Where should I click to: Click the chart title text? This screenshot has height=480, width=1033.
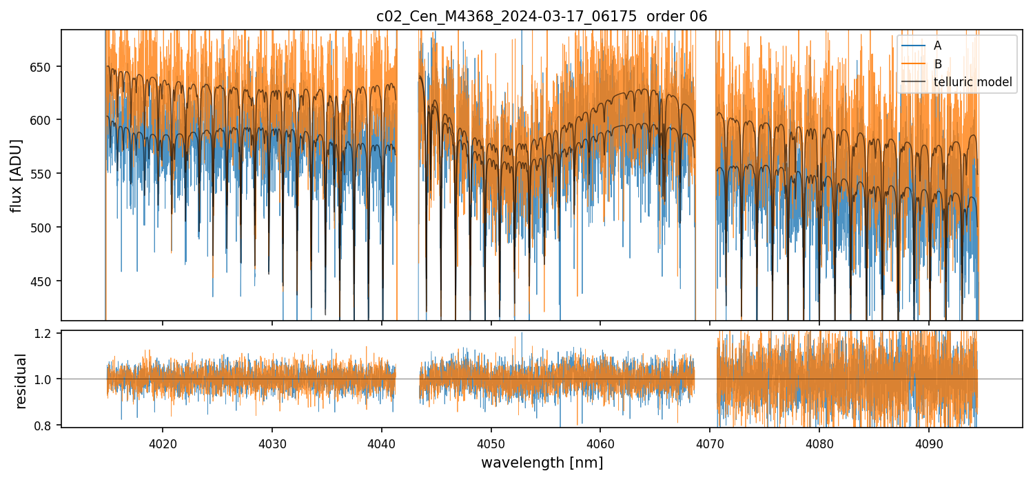tap(541, 17)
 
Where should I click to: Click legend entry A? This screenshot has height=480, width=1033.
tap(938, 46)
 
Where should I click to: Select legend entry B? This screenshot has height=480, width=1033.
tap(938, 64)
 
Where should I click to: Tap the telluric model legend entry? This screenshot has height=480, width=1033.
tap(972, 82)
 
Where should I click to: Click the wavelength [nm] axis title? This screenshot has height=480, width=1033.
tap(542, 463)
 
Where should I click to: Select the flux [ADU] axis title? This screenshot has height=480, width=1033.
tap(16, 175)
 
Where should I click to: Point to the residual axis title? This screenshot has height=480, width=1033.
tap(21, 381)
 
